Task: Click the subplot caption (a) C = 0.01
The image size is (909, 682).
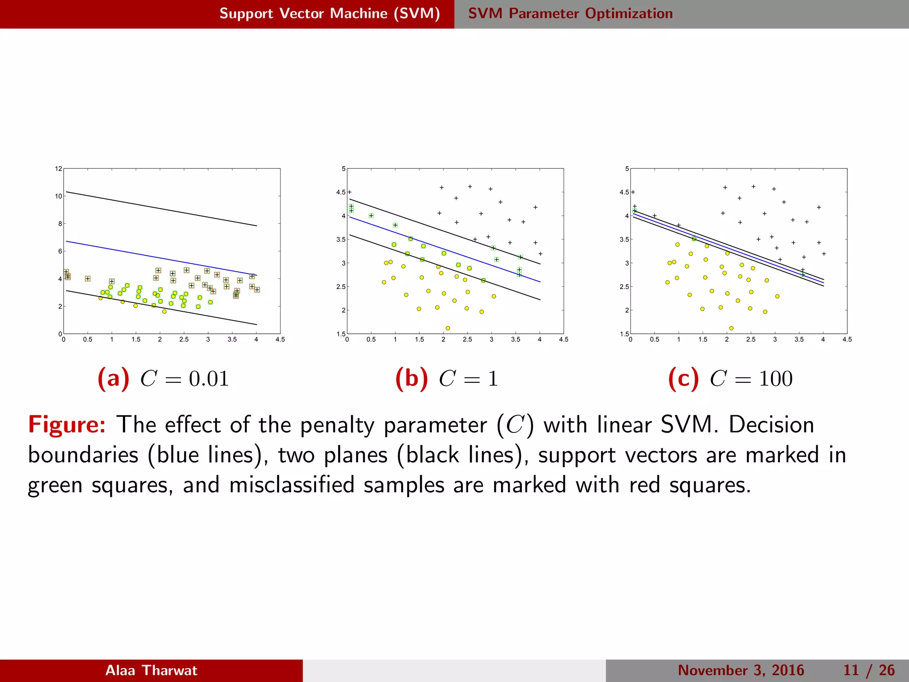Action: pyautogui.click(x=163, y=379)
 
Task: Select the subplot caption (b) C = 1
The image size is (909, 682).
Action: pyautogui.click(x=447, y=379)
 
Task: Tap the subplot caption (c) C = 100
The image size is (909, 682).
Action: pyautogui.click(x=730, y=379)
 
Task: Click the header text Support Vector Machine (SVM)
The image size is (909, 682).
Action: pyautogui.click(x=329, y=13)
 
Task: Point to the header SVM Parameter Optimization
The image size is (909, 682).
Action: pyautogui.click(x=570, y=13)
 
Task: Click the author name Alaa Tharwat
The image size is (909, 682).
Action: pyautogui.click(x=151, y=670)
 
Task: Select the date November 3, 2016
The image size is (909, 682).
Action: pyautogui.click(x=741, y=670)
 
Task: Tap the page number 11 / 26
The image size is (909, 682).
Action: pyautogui.click(x=869, y=670)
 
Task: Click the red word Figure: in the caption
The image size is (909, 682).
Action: pyautogui.click(x=67, y=424)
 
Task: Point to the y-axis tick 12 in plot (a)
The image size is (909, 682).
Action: pyautogui.click(x=59, y=169)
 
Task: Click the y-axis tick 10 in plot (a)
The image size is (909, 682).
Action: pyautogui.click(x=59, y=196)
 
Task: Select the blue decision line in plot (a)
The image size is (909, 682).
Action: pyautogui.click(x=160, y=258)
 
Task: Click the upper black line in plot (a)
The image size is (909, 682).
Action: pyautogui.click(x=160, y=209)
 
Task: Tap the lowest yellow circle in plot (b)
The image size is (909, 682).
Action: pyautogui.click(x=448, y=328)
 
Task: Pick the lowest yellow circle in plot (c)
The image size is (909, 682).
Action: pyautogui.click(x=731, y=328)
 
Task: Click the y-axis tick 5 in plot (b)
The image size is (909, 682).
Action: pyautogui.click(x=343, y=169)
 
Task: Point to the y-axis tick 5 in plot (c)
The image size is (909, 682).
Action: pyautogui.click(x=627, y=169)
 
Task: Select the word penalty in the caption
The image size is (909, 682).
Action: pyautogui.click(x=337, y=425)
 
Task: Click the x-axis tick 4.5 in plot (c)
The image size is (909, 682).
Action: pyautogui.click(x=847, y=340)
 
